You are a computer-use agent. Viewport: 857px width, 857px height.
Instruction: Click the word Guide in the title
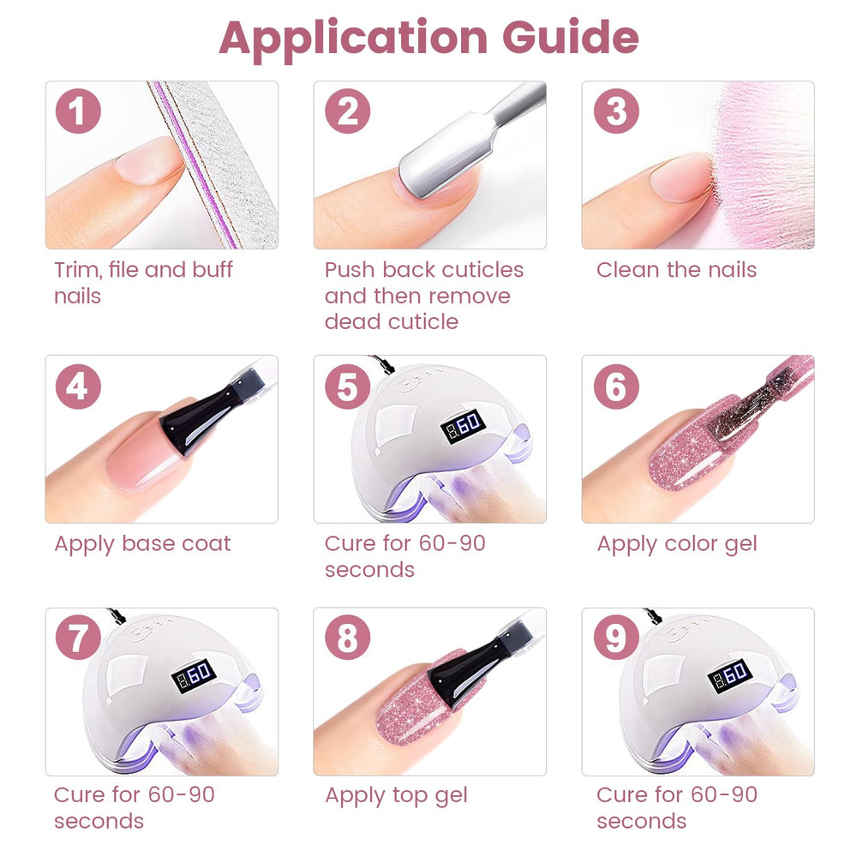tap(570, 37)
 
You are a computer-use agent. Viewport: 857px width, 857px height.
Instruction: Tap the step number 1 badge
tap(78, 111)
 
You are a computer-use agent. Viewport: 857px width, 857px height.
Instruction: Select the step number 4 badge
tap(78, 387)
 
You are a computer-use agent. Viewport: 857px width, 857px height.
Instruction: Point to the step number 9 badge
tap(616, 638)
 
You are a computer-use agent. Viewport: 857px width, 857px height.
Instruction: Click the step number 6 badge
tap(616, 387)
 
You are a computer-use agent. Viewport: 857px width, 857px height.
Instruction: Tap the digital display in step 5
tap(463, 426)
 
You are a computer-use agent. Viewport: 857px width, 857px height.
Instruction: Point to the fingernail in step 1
tap(148, 160)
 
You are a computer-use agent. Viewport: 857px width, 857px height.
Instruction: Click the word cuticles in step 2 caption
tap(482, 270)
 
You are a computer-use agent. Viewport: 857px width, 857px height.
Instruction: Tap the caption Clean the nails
tap(677, 270)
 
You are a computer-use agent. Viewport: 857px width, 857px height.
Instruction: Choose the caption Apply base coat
tap(142, 544)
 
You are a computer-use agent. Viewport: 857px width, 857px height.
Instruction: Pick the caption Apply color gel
tap(677, 544)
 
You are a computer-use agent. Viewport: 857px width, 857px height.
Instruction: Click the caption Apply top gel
tap(396, 796)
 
